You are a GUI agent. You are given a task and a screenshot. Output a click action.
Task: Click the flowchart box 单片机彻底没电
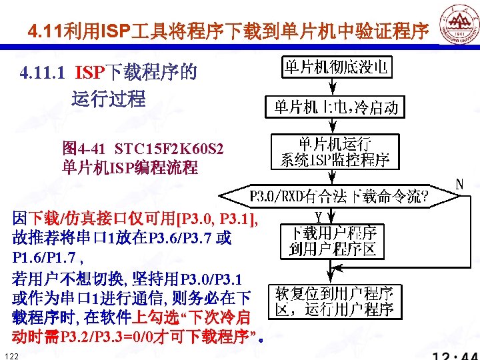coord(337,67)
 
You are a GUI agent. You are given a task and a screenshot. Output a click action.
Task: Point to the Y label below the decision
coord(319,216)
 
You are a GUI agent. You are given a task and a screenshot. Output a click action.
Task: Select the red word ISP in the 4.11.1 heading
coord(91,72)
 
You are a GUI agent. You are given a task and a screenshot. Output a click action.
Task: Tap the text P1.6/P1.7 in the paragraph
coord(44,257)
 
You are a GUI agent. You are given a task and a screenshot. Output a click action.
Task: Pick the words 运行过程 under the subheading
coord(108,99)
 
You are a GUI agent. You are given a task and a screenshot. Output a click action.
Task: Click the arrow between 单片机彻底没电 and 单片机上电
coord(337,87)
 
